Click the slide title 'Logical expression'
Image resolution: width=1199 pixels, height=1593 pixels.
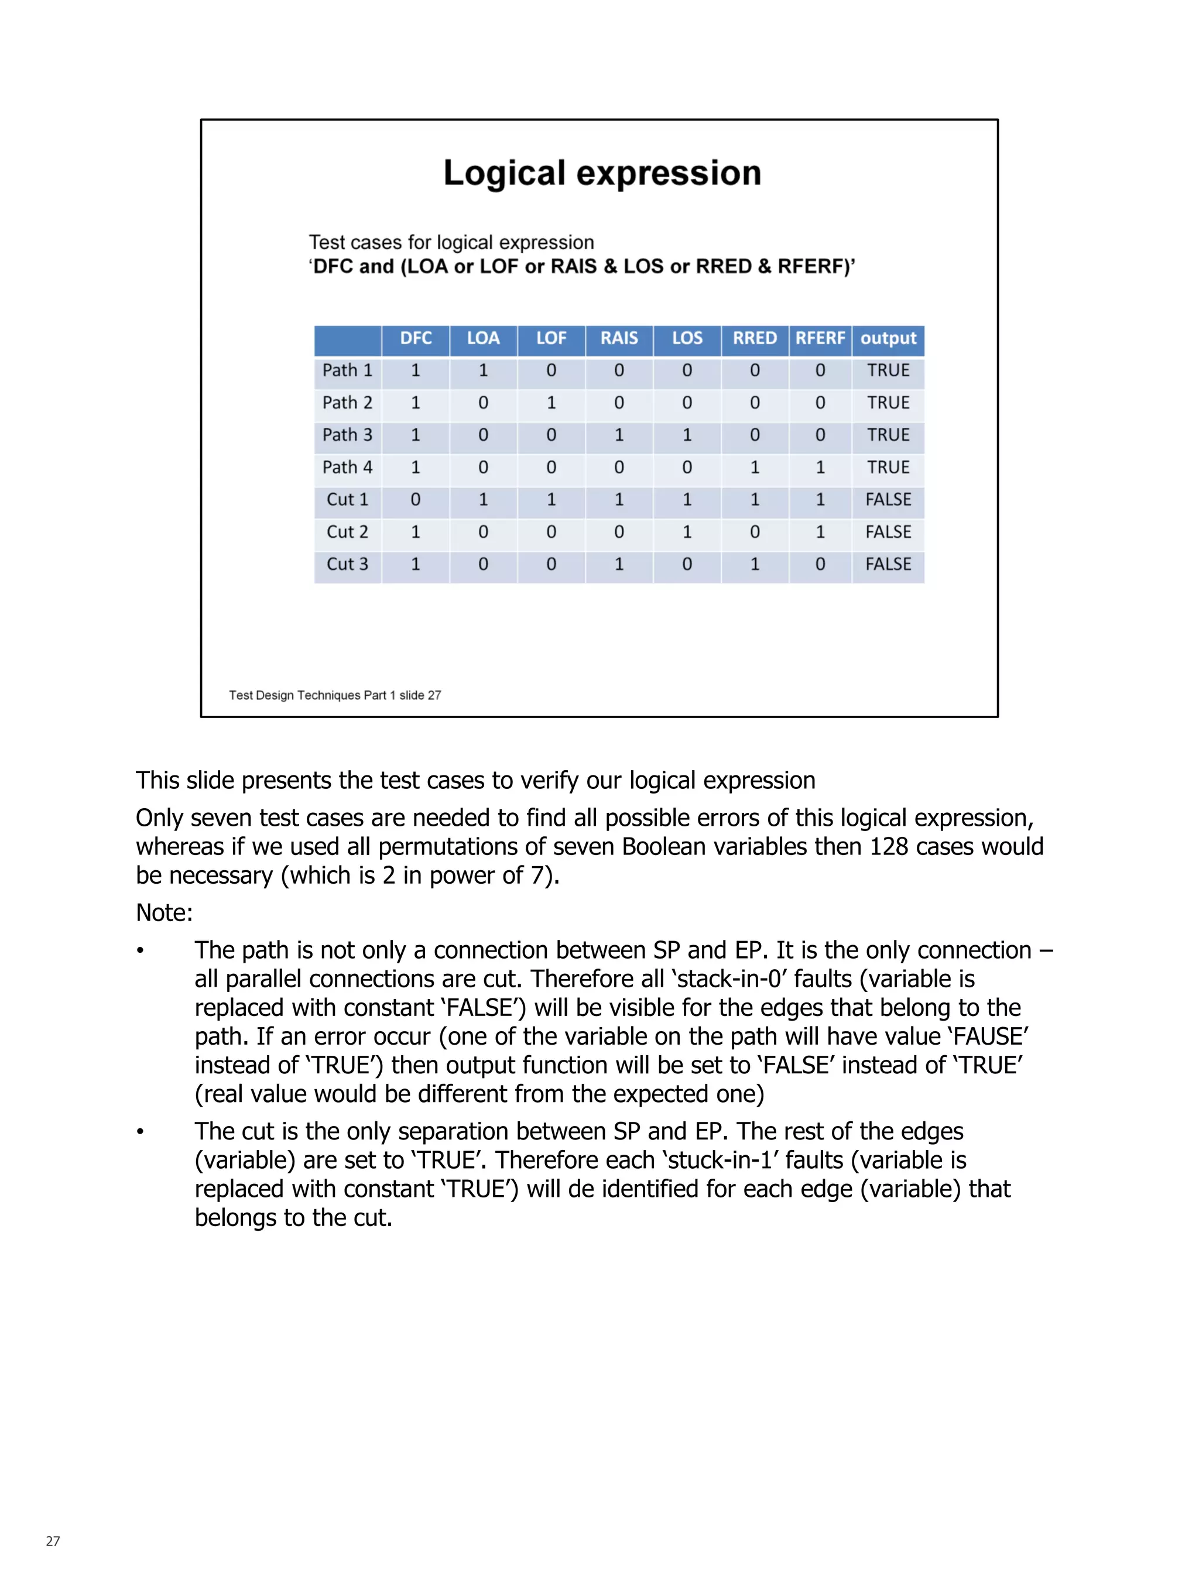602,174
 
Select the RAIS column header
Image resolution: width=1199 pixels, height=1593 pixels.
619,338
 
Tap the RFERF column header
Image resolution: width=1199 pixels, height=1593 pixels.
820,338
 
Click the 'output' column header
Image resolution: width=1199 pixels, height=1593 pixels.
888,338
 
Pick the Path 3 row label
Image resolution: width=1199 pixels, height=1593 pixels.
347,435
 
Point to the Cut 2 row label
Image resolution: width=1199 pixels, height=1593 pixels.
347,532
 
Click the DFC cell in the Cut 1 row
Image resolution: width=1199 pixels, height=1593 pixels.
416,500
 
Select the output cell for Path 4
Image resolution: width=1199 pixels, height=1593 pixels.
888,468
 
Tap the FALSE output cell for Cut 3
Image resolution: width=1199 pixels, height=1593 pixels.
888,565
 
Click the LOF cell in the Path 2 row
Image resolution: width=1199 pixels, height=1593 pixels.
551,403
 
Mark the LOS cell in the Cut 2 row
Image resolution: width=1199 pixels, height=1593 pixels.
687,532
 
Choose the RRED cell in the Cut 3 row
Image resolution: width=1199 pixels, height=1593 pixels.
755,565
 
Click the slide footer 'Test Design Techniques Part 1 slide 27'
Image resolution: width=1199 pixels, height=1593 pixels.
335,695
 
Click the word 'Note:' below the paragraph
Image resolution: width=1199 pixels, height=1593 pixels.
165,912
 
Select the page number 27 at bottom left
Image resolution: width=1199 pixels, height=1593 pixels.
53,1541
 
